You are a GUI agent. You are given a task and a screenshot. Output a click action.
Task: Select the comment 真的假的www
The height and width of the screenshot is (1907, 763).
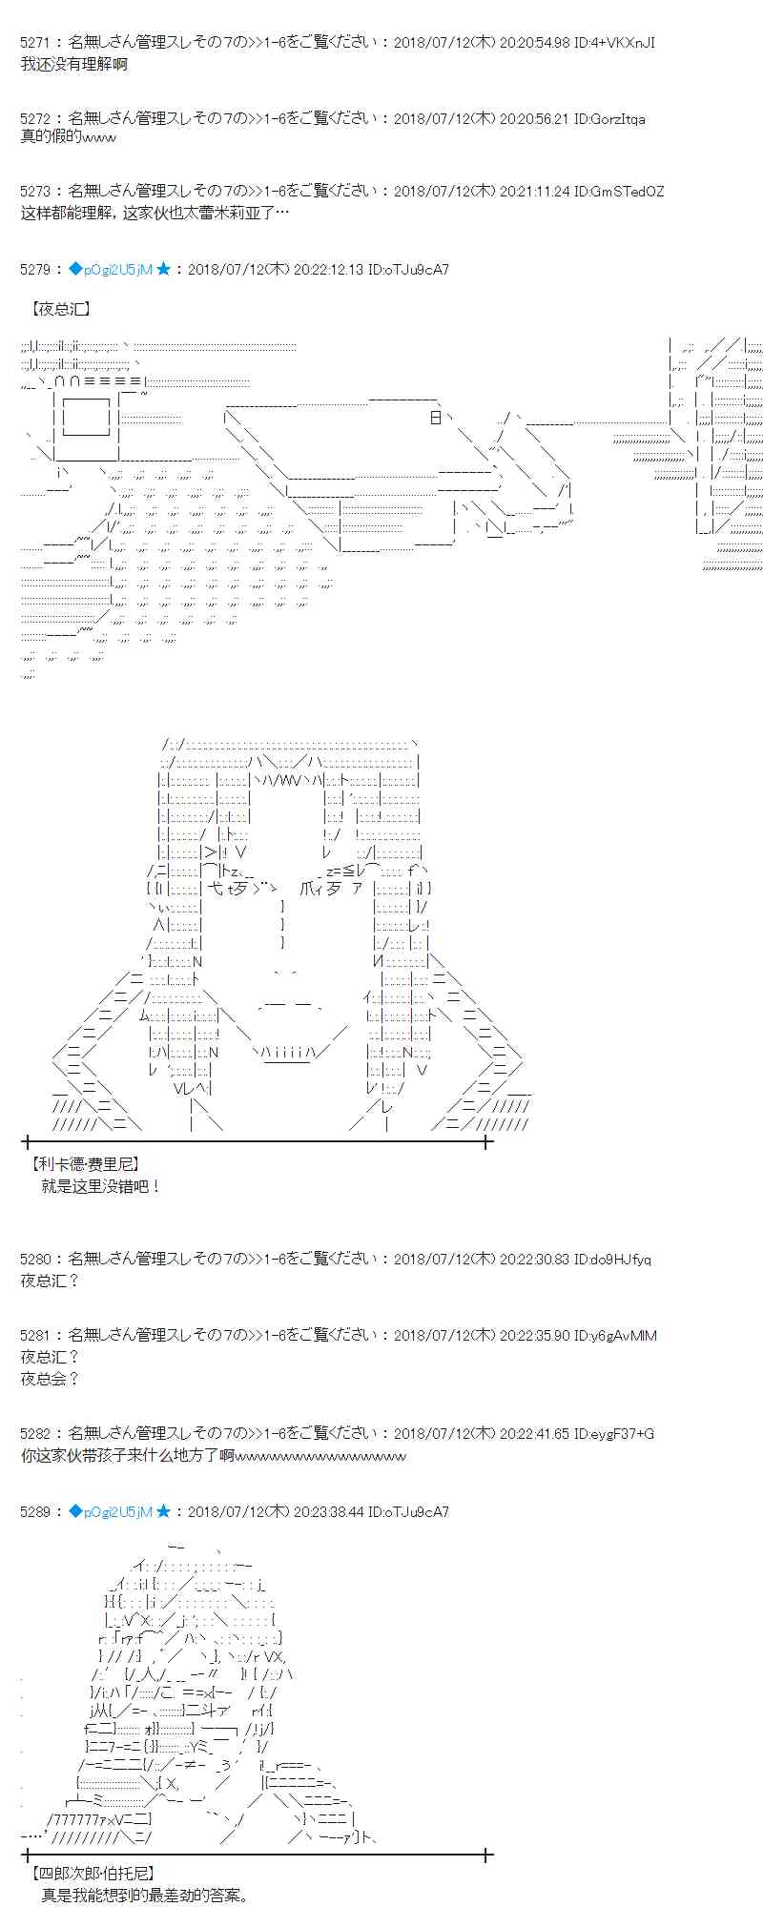point(68,137)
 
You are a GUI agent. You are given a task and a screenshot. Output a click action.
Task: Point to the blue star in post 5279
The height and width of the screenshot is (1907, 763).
point(163,270)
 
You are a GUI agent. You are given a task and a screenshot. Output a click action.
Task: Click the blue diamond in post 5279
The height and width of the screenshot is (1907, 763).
point(75,270)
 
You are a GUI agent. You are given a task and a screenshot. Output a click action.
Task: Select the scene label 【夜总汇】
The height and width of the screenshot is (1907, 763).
point(61,309)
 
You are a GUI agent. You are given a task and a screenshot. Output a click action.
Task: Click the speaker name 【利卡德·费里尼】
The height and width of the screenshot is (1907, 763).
point(84,1164)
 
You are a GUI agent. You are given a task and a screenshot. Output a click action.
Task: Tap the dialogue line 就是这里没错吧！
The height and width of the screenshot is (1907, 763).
point(102,1186)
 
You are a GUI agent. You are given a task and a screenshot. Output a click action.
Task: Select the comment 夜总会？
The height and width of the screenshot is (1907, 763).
point(50,1379)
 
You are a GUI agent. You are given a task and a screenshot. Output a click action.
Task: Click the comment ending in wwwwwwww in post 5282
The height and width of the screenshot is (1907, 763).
point(213,1456)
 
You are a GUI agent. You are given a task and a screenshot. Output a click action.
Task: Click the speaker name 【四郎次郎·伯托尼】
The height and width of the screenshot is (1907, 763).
point(92,1874)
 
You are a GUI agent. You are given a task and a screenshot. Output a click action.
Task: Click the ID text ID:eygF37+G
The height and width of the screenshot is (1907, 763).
point(614,1434)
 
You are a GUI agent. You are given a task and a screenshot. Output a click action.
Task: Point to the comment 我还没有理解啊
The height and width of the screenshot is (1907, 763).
point(73,64)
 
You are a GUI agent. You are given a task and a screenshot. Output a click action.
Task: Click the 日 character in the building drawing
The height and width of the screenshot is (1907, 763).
point(436,417)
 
